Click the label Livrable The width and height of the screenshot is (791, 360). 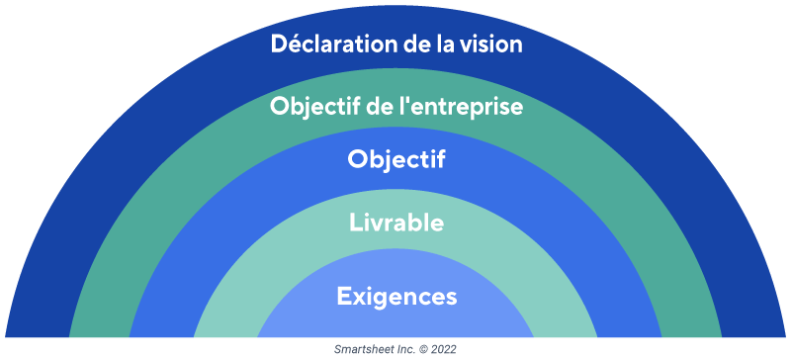coord(395,223)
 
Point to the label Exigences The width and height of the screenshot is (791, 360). coord(395,295)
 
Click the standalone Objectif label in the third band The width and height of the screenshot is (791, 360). coord(395,160)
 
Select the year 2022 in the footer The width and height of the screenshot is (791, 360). coord(442,350)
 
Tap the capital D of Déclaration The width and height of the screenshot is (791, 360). coord(278,45)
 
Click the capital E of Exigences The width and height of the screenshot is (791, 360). coord(342,295)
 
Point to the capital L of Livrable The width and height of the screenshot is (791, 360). coord(355,223)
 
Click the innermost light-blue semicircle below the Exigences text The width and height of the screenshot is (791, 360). coord(395,324)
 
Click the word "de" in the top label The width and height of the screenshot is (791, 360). coord(405,45)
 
